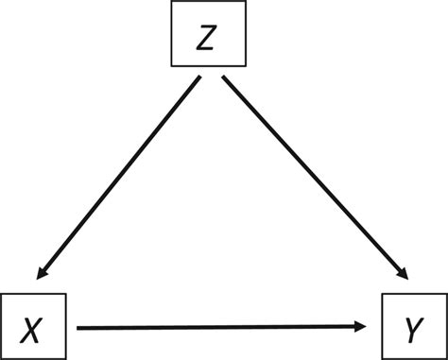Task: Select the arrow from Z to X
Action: [x=117, y=180]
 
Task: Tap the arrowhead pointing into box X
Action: [x=40, y=277]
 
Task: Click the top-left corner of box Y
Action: [x=382, y=296]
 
